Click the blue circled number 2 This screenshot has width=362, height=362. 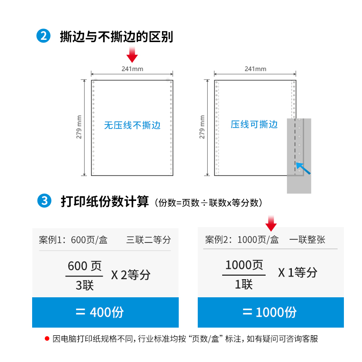(x=43, y=36)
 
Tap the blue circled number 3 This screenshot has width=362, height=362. (x=44, y=200)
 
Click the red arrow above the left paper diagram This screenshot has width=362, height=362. (x=132, y=54)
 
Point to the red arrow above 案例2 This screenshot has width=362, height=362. (x=271, y=223)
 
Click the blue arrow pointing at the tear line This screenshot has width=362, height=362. (x=303, y=168)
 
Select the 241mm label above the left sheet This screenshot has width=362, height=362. (x=132, y=69)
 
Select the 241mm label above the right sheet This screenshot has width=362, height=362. (x=255, y=69)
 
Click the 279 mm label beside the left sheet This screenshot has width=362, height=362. (x=79, y=127)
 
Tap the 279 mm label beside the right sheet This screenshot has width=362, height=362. (x=202, y=127)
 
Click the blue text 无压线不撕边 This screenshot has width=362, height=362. (x=132, y=125)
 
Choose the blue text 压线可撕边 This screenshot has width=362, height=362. (x=254, y=124)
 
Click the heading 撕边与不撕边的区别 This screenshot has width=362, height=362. (x=116, y=37)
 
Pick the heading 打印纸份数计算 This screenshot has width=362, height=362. (x=105, y=201)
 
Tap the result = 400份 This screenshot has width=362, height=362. (x=100, y=312)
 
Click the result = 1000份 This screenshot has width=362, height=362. (x=270, y=312)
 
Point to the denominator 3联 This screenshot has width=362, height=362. (x=85, y=286)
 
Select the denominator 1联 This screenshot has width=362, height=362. (x=244, y=284)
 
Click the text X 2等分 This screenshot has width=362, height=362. (x=131, y=275)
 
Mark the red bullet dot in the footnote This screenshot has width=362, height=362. (x=47, y=338)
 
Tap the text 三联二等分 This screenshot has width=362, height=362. (x=148, y=240)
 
